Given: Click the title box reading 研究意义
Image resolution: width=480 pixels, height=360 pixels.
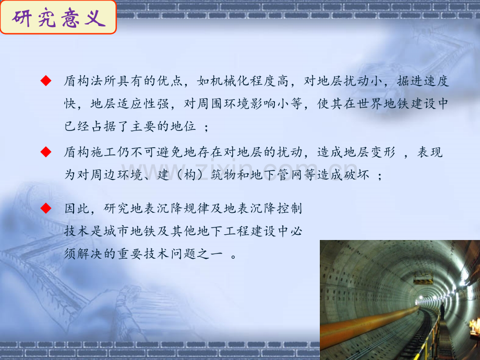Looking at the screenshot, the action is coord(58,17).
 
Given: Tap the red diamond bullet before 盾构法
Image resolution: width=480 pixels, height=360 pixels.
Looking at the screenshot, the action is coord(46,81).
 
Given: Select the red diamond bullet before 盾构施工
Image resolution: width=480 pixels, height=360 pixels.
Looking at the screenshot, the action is coord(46,152).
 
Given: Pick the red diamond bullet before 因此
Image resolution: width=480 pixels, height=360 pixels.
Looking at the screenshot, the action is coord(46,208).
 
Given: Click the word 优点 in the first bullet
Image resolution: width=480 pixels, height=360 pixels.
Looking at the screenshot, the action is coord(171,81).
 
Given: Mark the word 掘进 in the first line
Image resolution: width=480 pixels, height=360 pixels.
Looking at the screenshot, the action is coord(410,81).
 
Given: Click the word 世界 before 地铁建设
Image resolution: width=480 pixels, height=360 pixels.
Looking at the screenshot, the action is coord(370,104).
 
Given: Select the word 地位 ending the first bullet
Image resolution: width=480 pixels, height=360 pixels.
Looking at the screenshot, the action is coord(183,126).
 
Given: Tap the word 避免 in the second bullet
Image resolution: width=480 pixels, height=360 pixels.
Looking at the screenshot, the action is coord(171,152).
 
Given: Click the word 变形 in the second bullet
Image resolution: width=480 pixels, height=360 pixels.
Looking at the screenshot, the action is coord(383,152).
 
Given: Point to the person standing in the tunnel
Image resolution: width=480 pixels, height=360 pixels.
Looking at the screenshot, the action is coord(442,311).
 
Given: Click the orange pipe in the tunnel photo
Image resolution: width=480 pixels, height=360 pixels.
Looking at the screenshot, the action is coord(367,325).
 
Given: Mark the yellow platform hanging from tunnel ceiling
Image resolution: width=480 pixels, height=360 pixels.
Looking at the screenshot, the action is coord(423,278).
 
